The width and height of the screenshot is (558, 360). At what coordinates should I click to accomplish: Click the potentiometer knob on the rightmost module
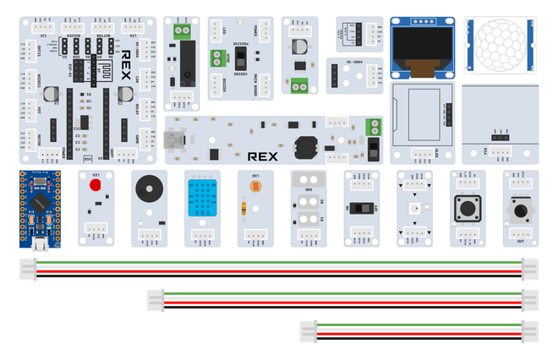point(520,208)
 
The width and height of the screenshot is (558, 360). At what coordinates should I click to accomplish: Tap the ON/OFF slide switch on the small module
point(361,207)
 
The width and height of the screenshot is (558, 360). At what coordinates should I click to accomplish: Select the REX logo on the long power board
point(264,155)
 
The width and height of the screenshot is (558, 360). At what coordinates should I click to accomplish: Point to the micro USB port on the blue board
point(39,244)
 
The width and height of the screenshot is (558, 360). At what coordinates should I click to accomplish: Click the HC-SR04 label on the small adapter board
point(342,63)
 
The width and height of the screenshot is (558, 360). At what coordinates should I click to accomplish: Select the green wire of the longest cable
point(279,263)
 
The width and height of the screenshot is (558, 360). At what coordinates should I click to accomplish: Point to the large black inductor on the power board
point(303,146)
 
